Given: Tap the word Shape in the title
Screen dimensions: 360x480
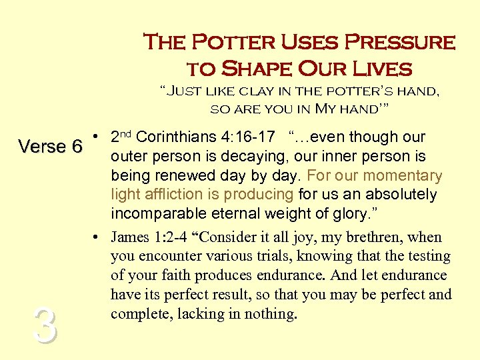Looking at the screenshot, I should [x=251, y=68].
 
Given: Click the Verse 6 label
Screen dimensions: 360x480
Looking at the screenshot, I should [x=50, y=146].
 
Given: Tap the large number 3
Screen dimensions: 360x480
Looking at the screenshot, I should [x=44, y=327].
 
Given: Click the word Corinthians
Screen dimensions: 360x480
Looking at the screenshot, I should [x=177, y=137].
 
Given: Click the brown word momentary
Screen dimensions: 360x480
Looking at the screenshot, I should [x=399, y=176].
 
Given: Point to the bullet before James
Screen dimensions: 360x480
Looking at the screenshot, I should [x=97, y=237].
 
